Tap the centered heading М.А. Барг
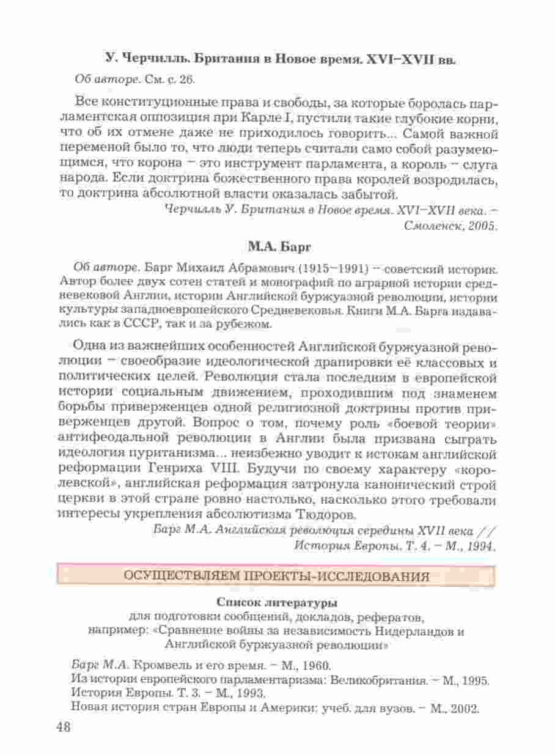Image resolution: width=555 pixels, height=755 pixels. [x=279, y=248]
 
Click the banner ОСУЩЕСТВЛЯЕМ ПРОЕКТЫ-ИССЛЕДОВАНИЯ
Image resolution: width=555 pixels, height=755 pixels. [x=277, y=576]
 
